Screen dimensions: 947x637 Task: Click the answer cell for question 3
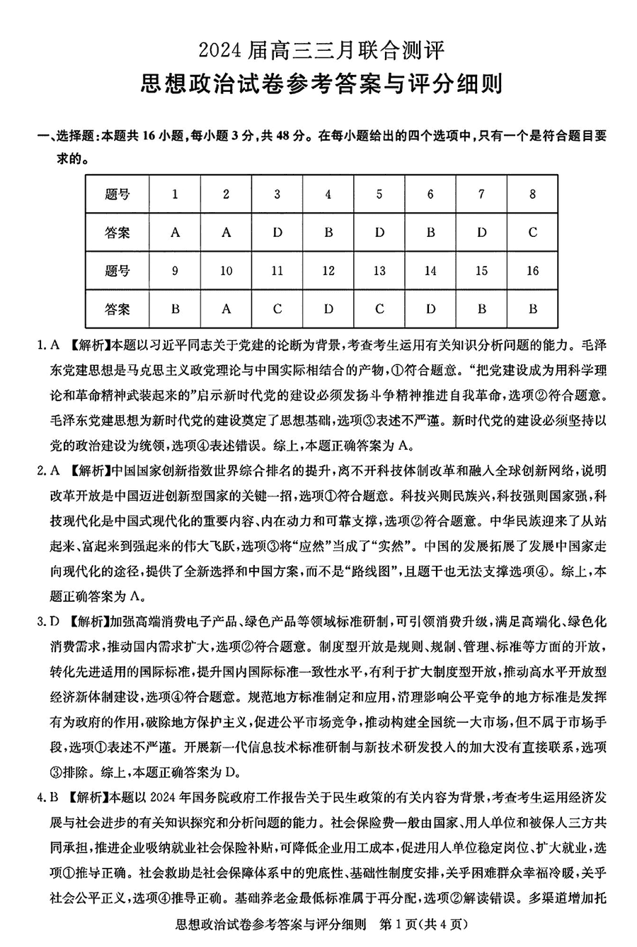click(x=277, y=233)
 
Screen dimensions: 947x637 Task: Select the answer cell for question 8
click(x=533, y=233)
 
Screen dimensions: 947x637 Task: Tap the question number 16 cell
click(x=533, y=271)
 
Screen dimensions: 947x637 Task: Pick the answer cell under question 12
click(x=328, y=309)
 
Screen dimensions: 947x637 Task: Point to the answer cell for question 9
click(x=176, y=309)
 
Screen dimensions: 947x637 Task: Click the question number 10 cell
click(x=226, y=271)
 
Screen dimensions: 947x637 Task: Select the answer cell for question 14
click(x=430, y=309)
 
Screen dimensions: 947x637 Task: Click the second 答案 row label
click(x=117, y=309)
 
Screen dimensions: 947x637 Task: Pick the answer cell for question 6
click(x=430, y=233)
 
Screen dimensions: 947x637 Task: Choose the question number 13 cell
click(x=379, y=271)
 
